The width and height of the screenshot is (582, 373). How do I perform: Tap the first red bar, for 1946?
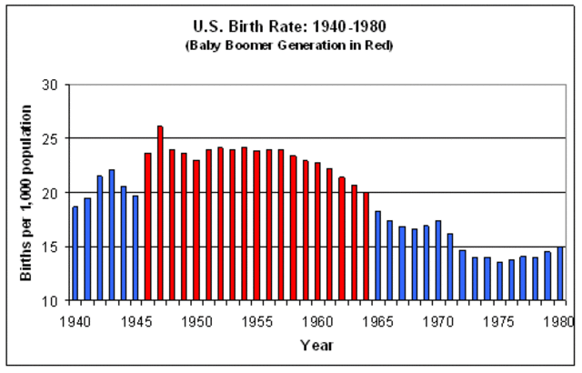(x=148, y=227)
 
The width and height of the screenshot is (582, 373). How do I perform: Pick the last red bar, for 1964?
(x=366, y=246)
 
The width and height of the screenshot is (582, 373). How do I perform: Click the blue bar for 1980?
(x=560, y=273)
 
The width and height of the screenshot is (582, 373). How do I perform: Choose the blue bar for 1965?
(x=378, y=256)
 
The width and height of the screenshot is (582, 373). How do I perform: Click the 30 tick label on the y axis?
(x=50, y=85)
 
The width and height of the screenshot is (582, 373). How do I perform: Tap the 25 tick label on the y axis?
(x=50, y=138)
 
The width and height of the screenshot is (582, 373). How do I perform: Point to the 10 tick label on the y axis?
(x=50, y=300)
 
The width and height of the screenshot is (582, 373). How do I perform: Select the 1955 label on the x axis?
(x=257, y=320)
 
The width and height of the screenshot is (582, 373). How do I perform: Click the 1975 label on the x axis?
(x=499, y=320)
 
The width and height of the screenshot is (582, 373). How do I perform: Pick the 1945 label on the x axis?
(x=136, y=320)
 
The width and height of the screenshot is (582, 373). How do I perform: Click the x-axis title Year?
(x=317, y=346)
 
